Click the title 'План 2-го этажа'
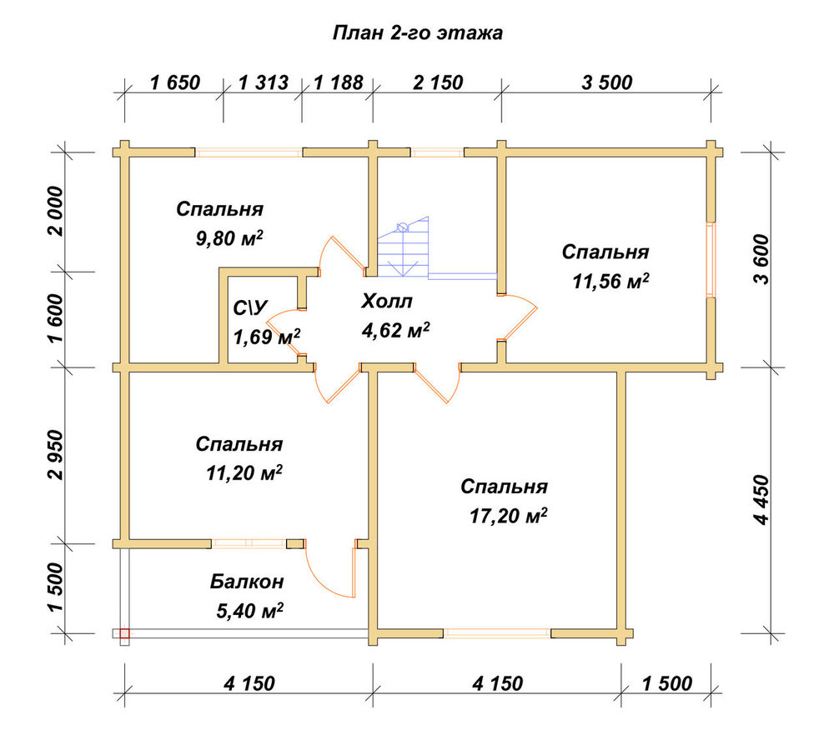click(418, 33)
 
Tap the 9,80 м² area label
click(230, 238)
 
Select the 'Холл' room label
click(387, 302)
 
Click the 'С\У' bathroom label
click(251, 307)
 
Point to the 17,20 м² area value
click(509, 515)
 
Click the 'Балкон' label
click(247, 582)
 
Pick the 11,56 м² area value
click(610, 281)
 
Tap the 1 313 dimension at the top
click(264, 82)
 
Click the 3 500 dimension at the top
click(607, 82)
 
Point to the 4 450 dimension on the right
click(761, 500)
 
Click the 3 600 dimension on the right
click(761, 259)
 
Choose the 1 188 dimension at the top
click(339, 82)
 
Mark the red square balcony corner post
click(124, 633)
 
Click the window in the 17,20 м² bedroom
click(497, 632)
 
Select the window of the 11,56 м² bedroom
click(711, 259)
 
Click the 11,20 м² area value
click(244, 472)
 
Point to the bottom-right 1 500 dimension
click(667, 683)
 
